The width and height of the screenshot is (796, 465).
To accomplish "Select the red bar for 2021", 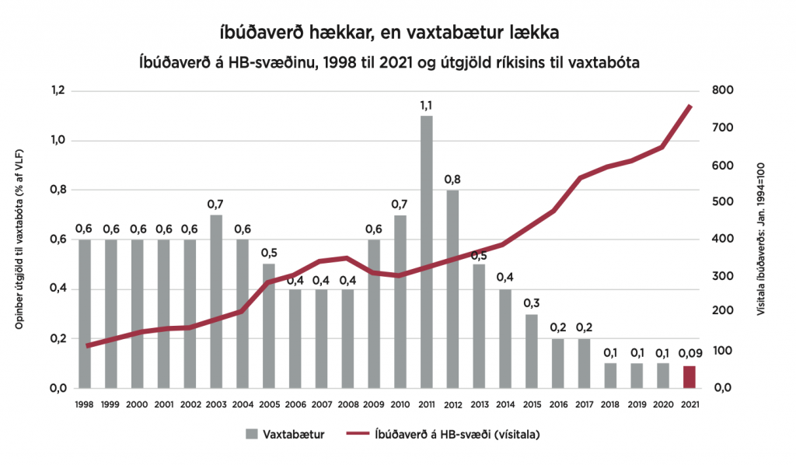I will point(689,376).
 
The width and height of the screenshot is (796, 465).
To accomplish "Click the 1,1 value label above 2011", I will point(426,105).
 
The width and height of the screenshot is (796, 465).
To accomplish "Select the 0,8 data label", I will point(452,180).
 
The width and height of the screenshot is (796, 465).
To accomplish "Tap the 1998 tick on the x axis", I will point(84,404).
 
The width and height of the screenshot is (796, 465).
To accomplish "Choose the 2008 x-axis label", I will point(347,404).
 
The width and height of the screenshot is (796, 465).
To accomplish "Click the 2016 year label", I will point(557,404).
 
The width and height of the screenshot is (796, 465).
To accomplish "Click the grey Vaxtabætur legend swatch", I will point(252,435).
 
